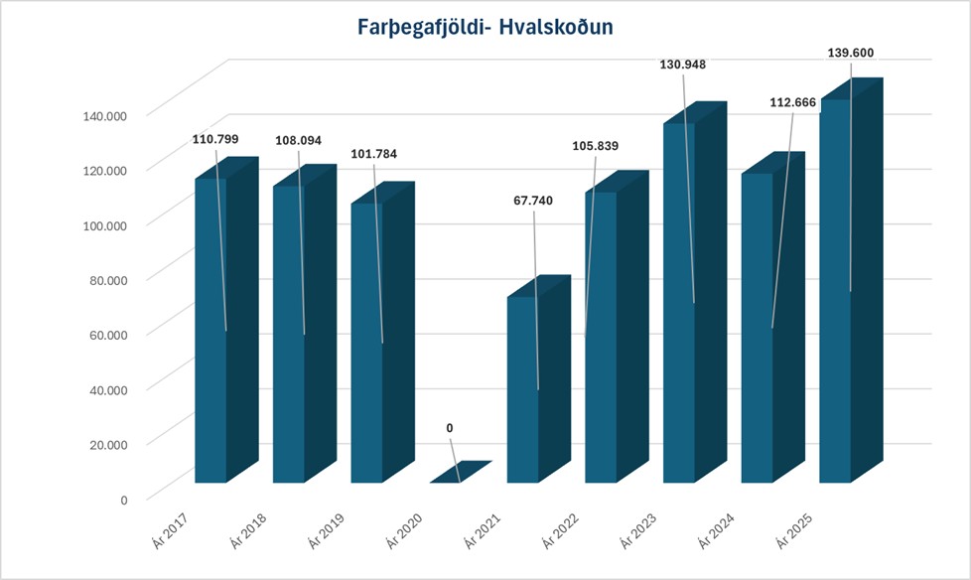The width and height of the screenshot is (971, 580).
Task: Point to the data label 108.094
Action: pyautogui.click(x=298, y=141)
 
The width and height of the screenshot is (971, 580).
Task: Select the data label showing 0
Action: pyautogui.click(x=450, y=428)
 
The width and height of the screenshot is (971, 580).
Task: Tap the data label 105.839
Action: pyautogui.click(x=596, y=146)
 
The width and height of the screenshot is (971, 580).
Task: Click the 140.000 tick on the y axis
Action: pyautogui.click(x=104, y=115)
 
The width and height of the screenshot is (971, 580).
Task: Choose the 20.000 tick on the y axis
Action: pyautogui.click(x=107, y=444)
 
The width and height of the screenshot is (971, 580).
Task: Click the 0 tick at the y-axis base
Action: pyautogui.click(x=124, y=499)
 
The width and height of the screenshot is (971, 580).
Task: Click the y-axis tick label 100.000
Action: pyautogui.click(x=104, y=224)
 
